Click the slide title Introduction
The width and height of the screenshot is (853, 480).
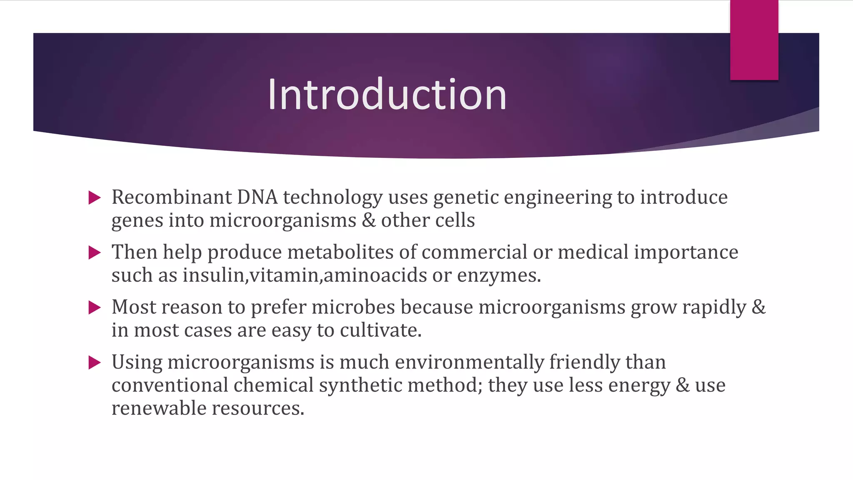coord(387,95)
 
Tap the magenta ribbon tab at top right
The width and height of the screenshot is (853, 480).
coord(754,40)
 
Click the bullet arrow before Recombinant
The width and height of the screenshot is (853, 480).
coord(95,197)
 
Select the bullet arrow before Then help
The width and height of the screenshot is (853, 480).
coord(95,252)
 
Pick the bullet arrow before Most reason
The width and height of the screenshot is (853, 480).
coord(95,307)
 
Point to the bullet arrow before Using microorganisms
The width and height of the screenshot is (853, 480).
coord(95,362)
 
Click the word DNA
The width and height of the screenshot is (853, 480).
coord(257,197)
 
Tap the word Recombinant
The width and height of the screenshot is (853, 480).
coord(171,197)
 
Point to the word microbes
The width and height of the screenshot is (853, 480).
coord(353,307)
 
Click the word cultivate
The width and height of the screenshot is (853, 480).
coord(381,330)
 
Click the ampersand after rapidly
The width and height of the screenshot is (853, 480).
coord(758,307)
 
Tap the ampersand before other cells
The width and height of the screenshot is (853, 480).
coord(369,220)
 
